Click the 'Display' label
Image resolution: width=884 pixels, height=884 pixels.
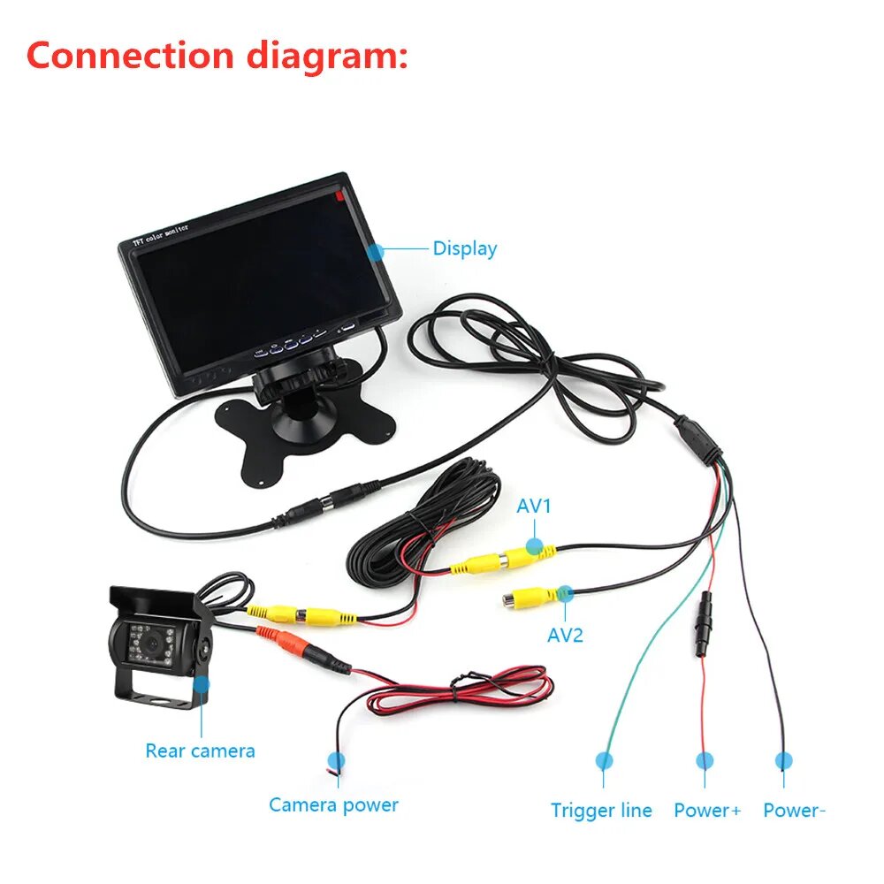(464, 249)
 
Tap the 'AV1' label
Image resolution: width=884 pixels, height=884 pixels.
(534, 507)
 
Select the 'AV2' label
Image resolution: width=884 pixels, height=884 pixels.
(565, 635)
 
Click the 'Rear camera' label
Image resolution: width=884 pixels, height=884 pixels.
(200, 751)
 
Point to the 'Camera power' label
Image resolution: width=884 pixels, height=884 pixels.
(333, 804)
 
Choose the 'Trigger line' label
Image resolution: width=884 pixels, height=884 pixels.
(601, 810)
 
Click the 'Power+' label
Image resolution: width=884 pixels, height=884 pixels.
(707, 810)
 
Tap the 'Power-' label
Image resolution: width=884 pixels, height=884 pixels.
(794, 810)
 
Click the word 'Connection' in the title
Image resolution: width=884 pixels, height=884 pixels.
(128, 55)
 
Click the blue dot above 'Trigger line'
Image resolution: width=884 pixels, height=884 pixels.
(604, 759)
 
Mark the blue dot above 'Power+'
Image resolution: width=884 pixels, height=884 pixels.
(705, 759)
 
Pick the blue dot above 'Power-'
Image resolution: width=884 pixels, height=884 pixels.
(783, 759)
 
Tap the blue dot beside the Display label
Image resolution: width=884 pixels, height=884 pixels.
(376, 251)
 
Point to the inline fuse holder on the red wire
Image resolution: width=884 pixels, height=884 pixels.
(704, 622)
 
